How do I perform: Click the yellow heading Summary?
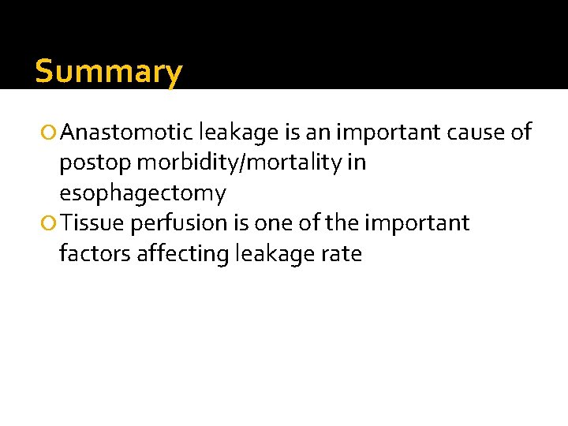tap(109, 72)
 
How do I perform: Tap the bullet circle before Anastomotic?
tap(51, 133)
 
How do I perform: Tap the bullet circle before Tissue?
tap(51, 224)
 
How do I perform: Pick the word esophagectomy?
tap(142, 193)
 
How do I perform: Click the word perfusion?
tap(180, 224)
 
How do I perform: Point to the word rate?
tap(342, 254)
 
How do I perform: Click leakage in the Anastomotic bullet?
tap(239, 133)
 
